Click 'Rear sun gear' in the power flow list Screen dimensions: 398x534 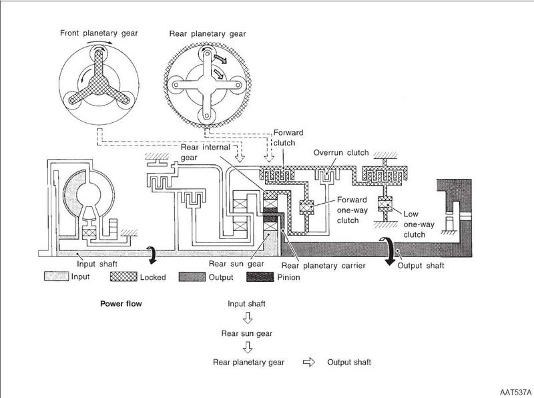(247, 333)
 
